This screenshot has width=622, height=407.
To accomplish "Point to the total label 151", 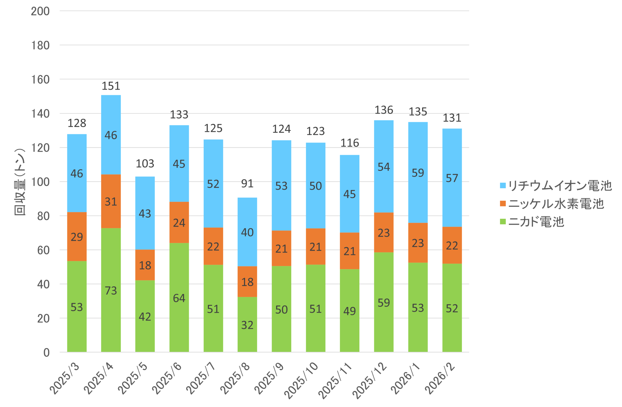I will (x=111, y=86).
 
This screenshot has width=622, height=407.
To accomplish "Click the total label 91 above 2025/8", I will (x=247, y=183).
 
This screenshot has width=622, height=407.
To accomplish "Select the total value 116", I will (x=350, y=143).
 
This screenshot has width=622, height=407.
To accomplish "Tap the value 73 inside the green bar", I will (x=111, y=290).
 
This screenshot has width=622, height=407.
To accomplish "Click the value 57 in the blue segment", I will (x=452, y=178).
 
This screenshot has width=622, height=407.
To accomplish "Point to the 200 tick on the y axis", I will (x=40, y=11).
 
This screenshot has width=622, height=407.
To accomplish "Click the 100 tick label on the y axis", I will (x=40, y=182).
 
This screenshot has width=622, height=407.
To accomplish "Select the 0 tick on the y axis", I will (x=46, y=352).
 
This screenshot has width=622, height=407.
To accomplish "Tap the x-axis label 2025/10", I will (x=301, y=380).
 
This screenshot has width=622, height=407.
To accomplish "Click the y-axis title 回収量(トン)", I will (x=20, y=182).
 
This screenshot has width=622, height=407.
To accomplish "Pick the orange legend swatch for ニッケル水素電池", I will (x=502, y=203).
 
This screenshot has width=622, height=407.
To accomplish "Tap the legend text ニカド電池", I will (x=536, y=221).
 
